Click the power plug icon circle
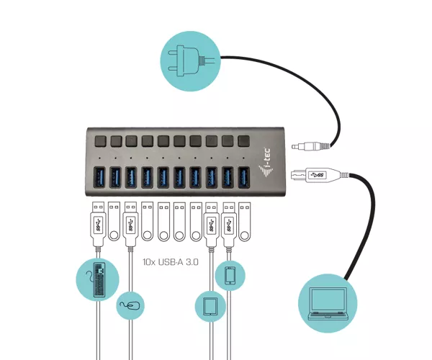[190, 61]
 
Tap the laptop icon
[328, 303]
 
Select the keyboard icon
[97, 279]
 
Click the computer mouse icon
[130, 306]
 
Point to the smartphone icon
[230, 276]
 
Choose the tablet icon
[210, 306]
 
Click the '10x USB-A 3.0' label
[171, 261]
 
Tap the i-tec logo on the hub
[266, 163]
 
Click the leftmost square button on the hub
[100, 141]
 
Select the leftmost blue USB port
[99, 177]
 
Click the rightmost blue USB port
[244, 177]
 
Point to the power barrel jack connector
[310, 146]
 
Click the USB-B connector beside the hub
[319, 175]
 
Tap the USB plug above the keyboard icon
[99, 225]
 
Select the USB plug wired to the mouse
[131, 225]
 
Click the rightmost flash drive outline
[244, 222]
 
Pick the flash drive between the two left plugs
[114, 222]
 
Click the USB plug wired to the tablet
[211, 225]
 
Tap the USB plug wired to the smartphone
[229, 225]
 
